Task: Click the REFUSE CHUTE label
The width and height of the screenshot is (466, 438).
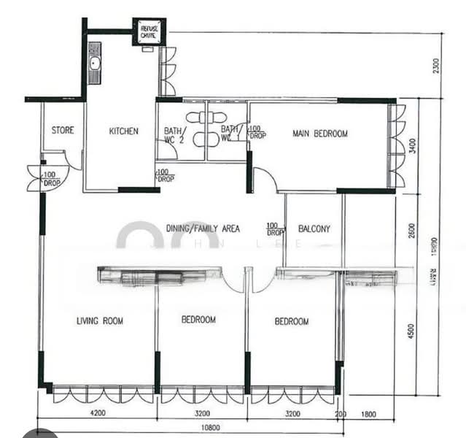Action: click(149, 30)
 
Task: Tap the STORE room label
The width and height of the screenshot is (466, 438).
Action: click(62, 131)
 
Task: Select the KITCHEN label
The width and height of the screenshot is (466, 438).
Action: click(123, 131)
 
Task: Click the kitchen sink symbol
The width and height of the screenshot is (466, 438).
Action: click(94, 62)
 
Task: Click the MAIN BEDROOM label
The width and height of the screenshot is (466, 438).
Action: click(319, 134)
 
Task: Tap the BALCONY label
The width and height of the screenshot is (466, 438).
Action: click(314, 228)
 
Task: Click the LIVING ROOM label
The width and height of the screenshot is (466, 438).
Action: click(100, 320)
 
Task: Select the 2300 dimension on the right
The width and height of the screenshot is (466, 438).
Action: click(435, 65)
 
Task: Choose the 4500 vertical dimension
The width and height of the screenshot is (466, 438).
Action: click(412, 329)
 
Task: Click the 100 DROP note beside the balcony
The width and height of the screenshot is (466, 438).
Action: click(274, 228)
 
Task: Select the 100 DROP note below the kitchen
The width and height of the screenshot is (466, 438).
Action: click(165, 175)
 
